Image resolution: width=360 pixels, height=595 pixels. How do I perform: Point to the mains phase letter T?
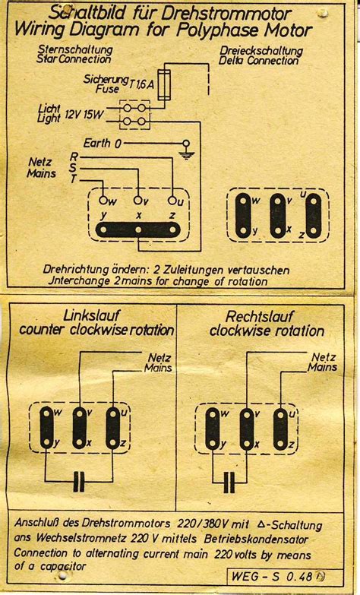pos(73,179)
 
